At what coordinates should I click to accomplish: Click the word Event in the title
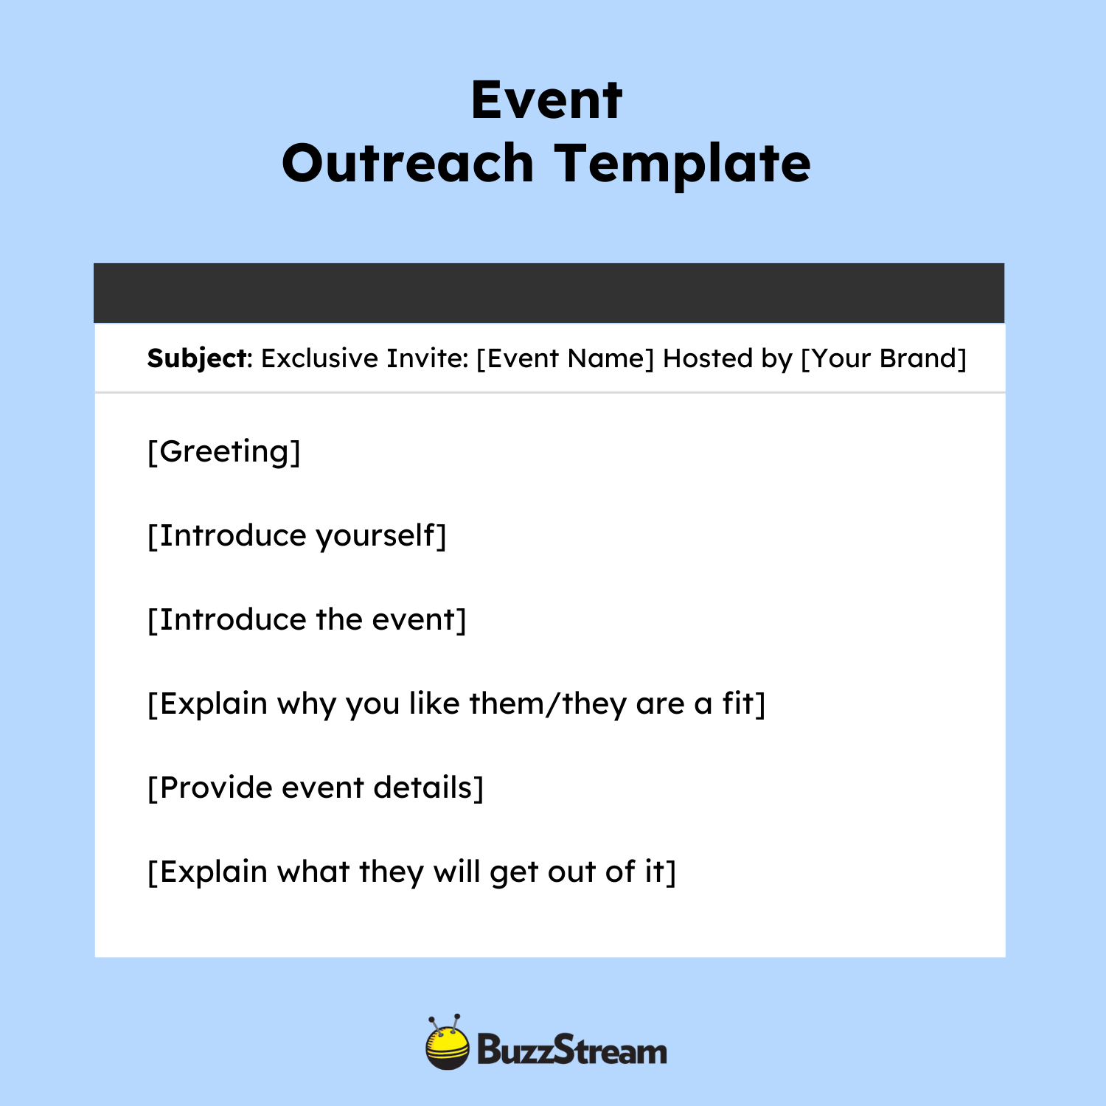click(x=546, y=100)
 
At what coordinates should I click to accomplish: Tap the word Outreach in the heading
click(x=407, y=164)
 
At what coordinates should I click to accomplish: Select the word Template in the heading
click(x=682, y=164)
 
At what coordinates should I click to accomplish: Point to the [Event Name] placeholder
click(x=565, y=358)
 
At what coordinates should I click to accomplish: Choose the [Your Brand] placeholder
click(x=883, y=358)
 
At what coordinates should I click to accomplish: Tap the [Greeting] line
click(x=224, y=451)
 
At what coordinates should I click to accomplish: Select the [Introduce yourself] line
click(x=297, y=536)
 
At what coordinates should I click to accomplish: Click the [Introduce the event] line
click(x=307, y=620)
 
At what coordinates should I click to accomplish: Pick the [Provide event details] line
click(x=316, y=788)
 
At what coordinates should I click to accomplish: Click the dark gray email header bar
click(x=549, y=293)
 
